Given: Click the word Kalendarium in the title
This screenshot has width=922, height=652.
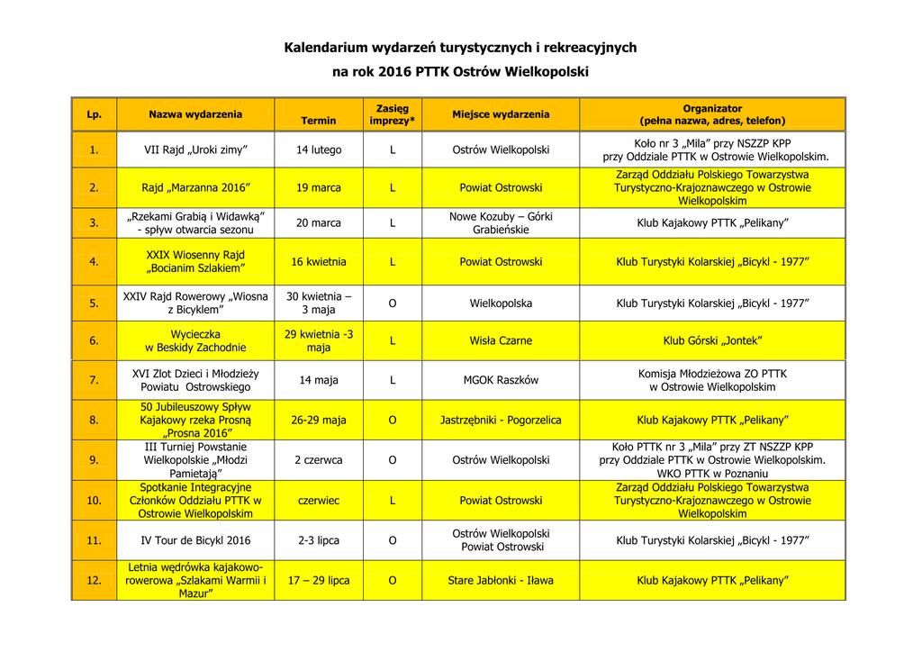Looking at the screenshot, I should coord(323,47).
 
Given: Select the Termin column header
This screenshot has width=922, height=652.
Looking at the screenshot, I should coord(319,121).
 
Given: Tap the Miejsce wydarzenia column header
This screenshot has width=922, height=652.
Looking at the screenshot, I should coord(501,114).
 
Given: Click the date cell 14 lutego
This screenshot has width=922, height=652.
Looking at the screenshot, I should coord(319,150).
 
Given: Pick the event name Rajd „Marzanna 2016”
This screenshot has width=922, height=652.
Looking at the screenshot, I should coord(195,188).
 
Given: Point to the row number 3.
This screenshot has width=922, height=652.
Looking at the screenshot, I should coord(94,222).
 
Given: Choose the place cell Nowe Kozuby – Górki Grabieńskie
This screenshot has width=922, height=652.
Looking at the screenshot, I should coord(501,222).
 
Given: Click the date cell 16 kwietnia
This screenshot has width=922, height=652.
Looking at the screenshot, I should coord(319,262).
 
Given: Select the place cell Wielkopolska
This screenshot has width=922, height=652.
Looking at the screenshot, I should coord(501,303).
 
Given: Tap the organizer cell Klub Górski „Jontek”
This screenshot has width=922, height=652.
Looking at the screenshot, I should coord(712,340).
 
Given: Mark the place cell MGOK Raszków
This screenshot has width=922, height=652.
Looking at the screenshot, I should coord(501,380).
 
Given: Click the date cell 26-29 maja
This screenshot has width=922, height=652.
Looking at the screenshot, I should coord(319,421).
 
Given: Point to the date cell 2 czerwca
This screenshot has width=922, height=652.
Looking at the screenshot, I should coord(319,460).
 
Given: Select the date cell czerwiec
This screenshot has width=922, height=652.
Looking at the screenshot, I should coord(319,501).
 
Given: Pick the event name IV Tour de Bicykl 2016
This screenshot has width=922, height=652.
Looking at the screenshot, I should coord(195,540).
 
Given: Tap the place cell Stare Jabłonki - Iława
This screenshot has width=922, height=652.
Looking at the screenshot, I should coord(501,581).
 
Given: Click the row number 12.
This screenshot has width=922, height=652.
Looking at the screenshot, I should coord(94,581).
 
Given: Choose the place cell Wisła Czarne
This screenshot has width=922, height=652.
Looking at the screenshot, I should coord(501,340).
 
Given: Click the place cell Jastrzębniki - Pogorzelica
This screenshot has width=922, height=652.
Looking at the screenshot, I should coord(501,421).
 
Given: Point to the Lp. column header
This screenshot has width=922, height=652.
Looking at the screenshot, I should coord(94,114).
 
